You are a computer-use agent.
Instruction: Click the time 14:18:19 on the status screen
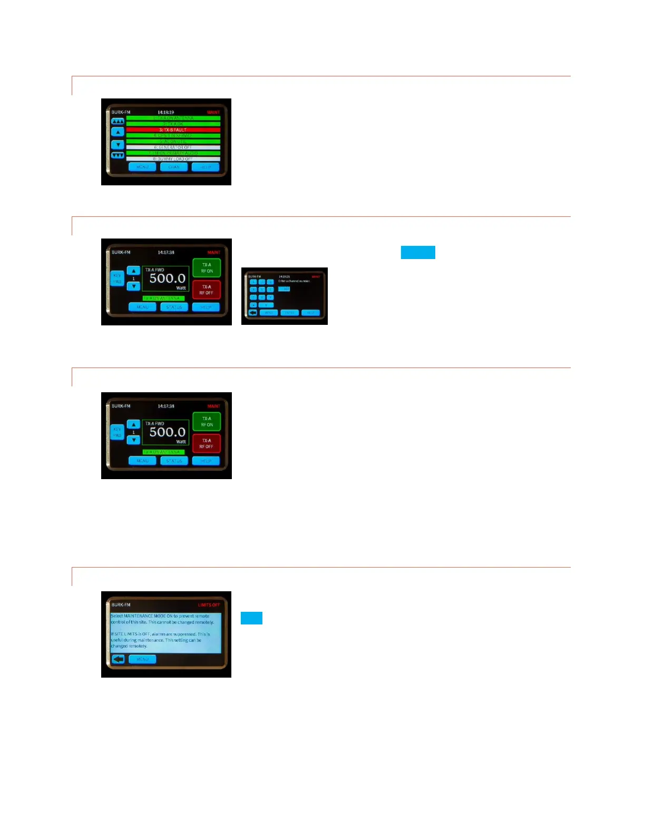(165, 112)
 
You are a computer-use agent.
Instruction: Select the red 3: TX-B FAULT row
(173, 130)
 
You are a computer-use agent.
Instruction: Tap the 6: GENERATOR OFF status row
(173, 147)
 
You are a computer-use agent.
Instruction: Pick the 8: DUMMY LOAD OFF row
(173, 159)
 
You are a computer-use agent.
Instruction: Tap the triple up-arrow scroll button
(118, 121)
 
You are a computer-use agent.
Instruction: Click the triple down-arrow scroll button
(118, 155)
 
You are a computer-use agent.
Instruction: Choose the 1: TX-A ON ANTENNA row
(173, 118)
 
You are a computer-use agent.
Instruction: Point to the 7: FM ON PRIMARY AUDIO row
(173, 153)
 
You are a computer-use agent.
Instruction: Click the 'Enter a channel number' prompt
(294, 281)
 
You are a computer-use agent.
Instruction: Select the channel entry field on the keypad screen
(284, 289)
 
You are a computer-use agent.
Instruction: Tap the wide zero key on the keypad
(266, 305)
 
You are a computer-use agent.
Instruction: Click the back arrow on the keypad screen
(252, 313)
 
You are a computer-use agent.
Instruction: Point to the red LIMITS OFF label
(209, 605)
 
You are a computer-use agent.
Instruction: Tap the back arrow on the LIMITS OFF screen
(118, 659)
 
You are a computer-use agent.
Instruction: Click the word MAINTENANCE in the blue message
(138, 616)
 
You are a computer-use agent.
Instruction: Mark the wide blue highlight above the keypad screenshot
(418, 252)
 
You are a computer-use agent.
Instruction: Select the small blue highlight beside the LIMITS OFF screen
(251, 618)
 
